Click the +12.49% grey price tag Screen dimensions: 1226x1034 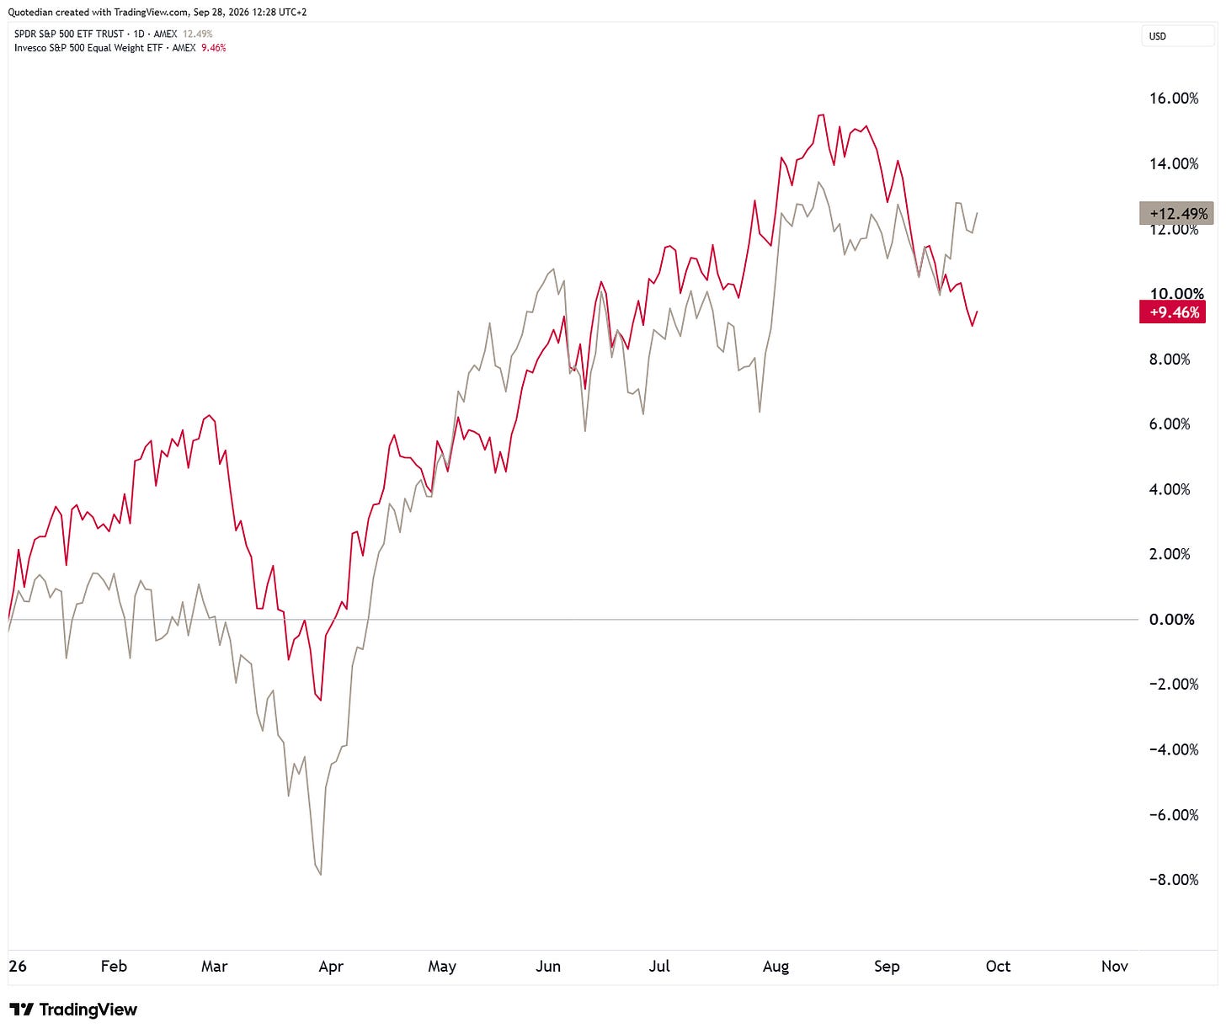(x=1175, y=213)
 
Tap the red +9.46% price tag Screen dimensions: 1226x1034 (x=1172, y=312)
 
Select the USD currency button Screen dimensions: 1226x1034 (x=1176, y=36)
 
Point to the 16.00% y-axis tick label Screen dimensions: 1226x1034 (x=1173, y=98)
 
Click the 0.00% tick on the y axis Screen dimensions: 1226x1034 (x=1170, y=619)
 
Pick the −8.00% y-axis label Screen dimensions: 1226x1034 (x=1173, y=879)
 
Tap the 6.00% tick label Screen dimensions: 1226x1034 (x=1169, y=424)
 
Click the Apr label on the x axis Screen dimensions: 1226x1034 (x=331, y=966)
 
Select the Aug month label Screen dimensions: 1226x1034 (x=775, y=966)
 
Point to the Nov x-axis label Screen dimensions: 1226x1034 (x=1114, y=966)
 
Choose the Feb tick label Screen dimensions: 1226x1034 (x=114, y=966)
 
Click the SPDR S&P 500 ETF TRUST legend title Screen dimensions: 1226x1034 (x=69, y=34)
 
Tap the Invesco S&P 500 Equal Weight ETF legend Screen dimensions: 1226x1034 (x=88, y=47)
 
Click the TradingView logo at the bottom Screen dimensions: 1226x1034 (x=73, y=1010)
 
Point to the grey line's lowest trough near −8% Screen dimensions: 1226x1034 (x=321, y=874)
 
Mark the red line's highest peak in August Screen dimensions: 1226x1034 (x=822, y=115)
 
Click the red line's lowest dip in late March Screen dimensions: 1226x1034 (x=321, y=700)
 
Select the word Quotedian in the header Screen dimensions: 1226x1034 (x=30, y=12)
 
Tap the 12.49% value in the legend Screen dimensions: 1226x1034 (x=197, y=34)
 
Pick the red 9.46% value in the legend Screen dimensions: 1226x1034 (x=214, y=47)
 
